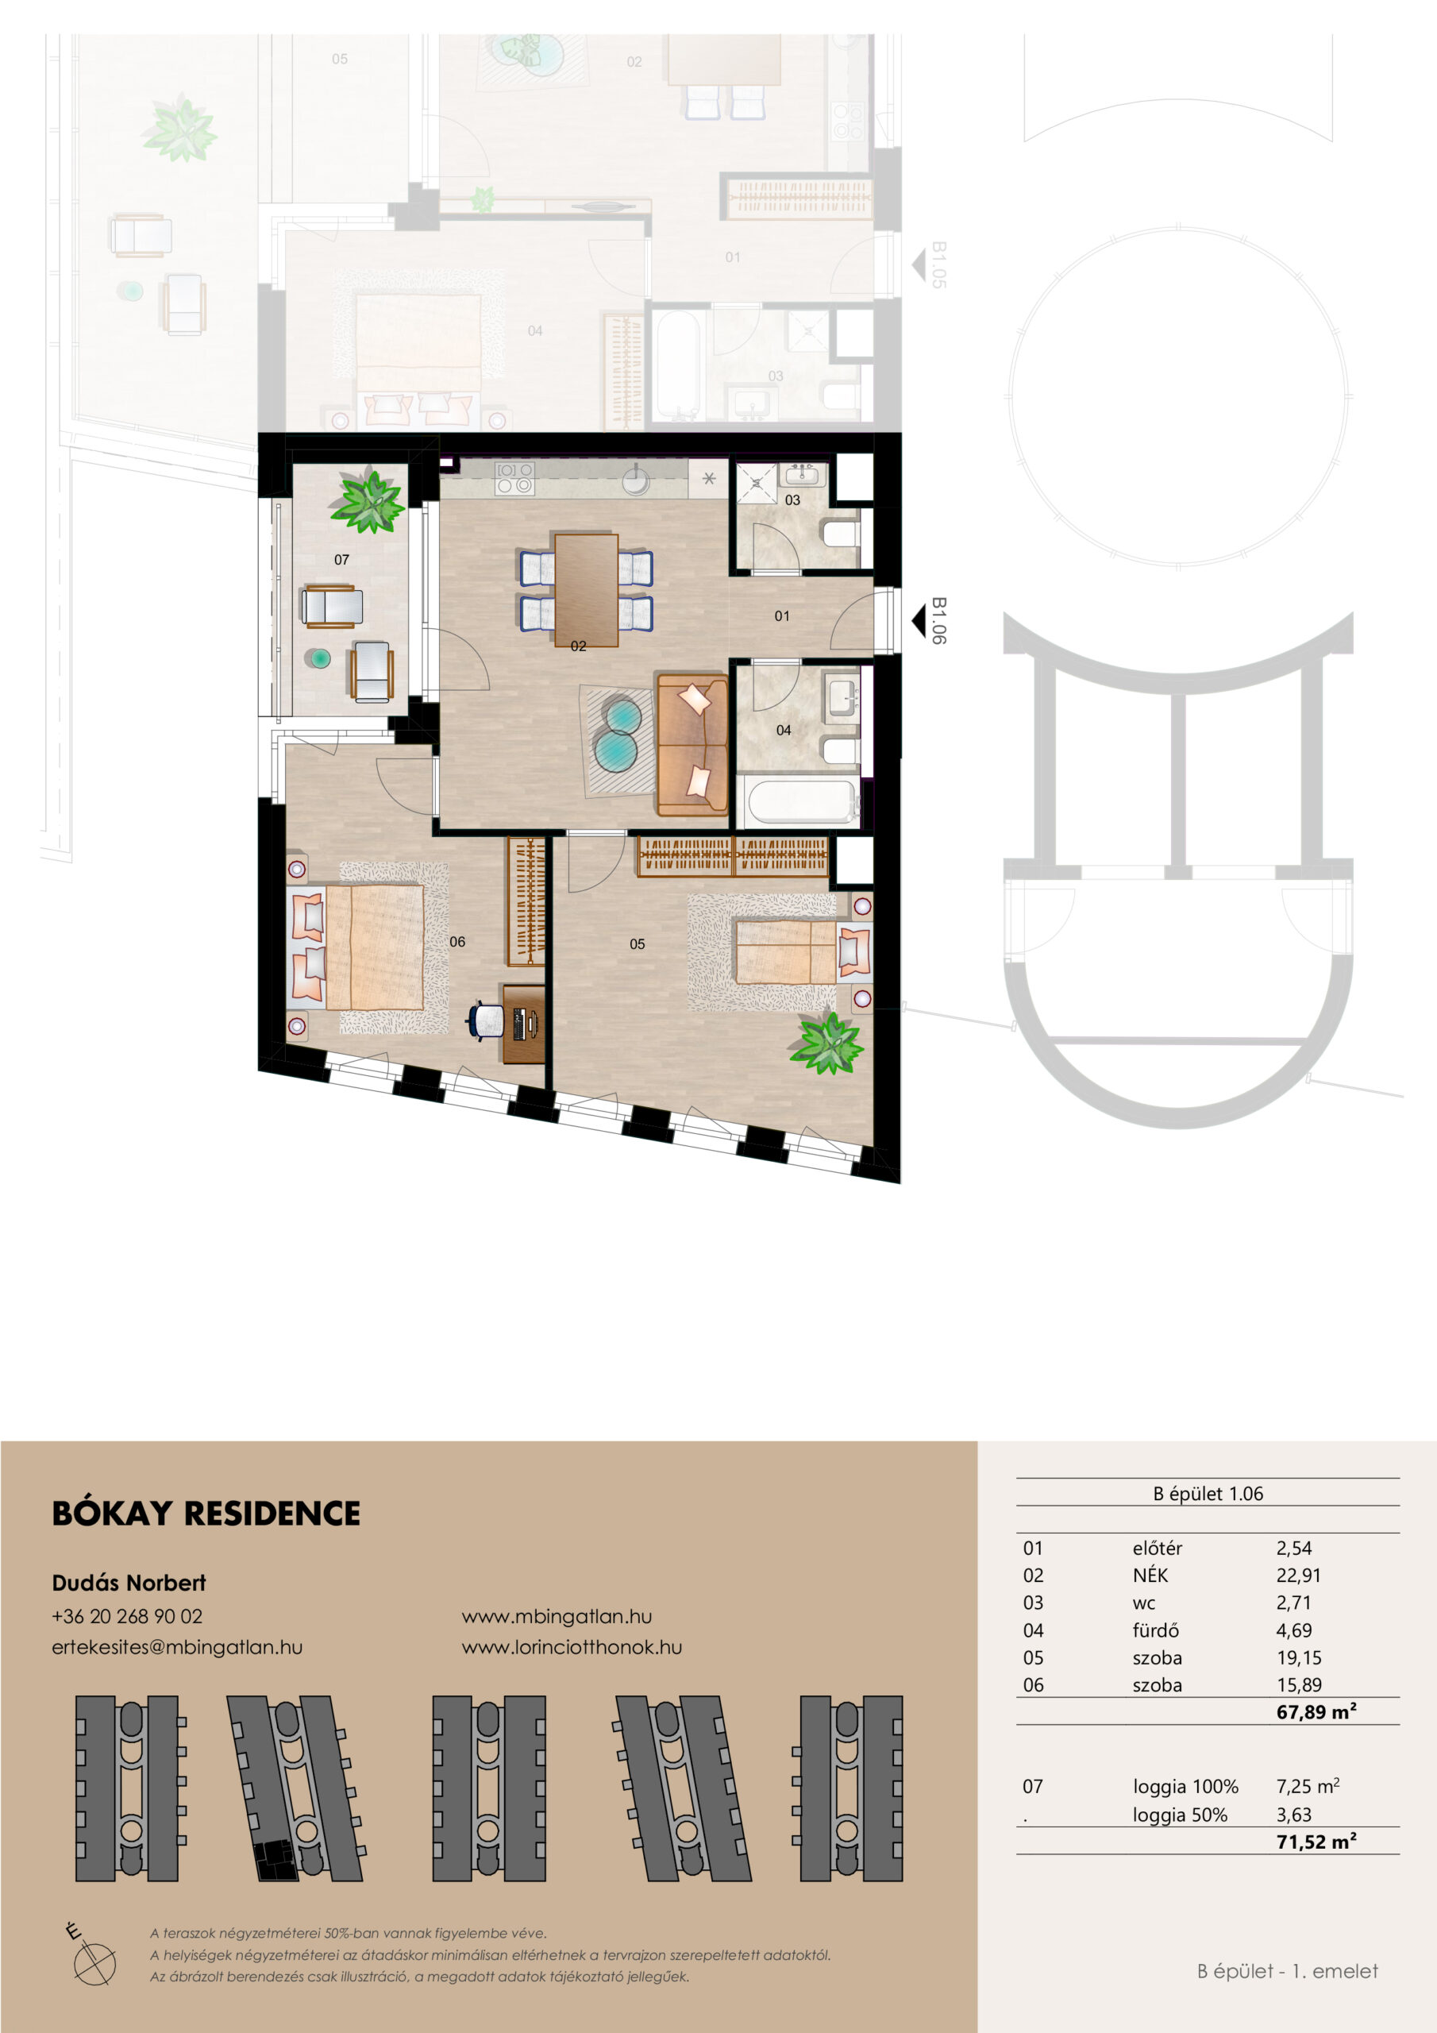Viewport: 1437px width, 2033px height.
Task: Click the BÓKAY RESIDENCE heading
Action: click(206, 1514)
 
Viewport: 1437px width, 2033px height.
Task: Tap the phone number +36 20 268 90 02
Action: click(128, 1616)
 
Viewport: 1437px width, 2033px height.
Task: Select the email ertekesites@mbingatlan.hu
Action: click(177, 1647)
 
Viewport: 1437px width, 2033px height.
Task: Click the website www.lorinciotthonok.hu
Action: click(572, 1647)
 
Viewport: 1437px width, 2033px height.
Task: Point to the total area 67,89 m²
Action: click(1316, 1711)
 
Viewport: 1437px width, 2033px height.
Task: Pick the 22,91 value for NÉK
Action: click(1298, 1576)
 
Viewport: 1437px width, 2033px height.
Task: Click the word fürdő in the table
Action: click(1155, 1630)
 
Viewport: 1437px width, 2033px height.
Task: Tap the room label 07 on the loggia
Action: click(341, 560)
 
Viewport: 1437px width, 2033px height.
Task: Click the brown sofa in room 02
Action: click(692, 745)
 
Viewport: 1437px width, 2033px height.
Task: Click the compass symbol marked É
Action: click(91, 1958)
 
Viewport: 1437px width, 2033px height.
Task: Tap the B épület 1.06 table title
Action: click(1208, 1494)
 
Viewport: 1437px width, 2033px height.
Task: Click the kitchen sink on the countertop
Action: click(636, 480)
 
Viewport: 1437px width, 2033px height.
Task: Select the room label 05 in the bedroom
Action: click(638, 944)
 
